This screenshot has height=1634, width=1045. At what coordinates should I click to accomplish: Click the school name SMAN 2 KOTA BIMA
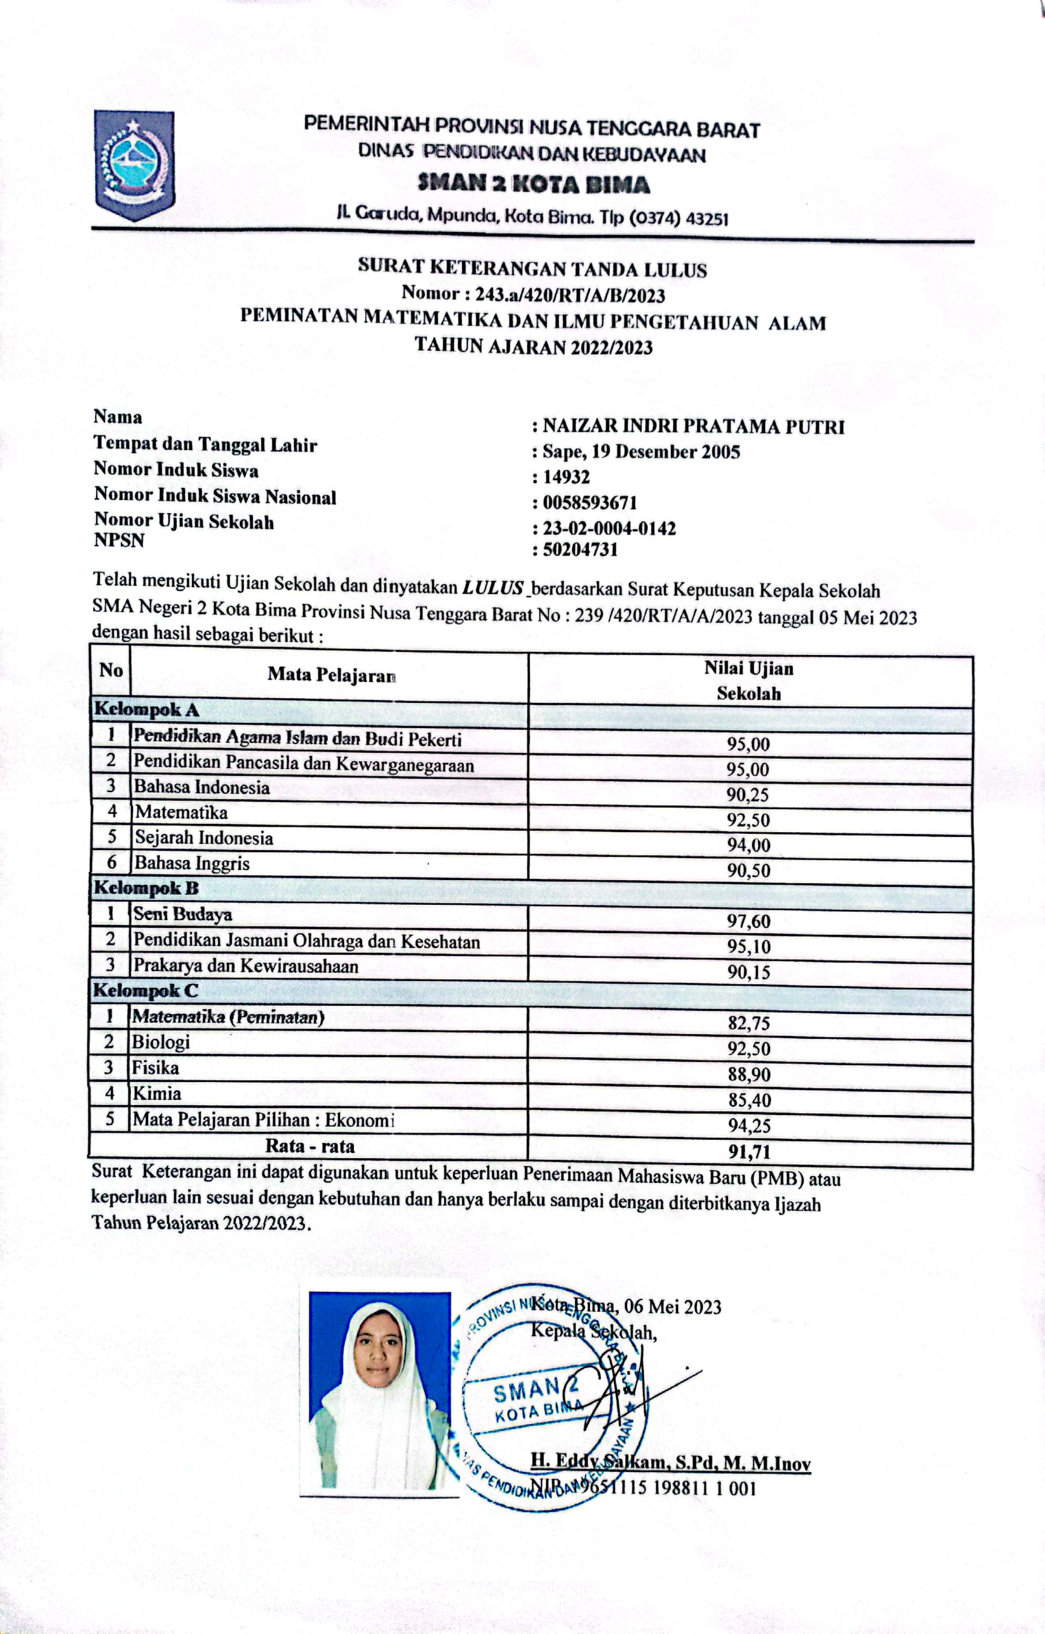[x=534, y=185]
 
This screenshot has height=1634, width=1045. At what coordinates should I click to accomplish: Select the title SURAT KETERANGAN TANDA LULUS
[x=532, y=269]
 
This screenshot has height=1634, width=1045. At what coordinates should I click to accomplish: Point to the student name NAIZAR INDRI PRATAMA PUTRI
[x=693, y=427]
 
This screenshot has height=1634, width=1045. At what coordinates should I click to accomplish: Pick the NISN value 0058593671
[x=590, y=503]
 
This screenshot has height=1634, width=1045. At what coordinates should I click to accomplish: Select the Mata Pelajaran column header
[x=331, y=675]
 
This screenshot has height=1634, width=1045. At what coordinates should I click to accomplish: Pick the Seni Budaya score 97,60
[x=749, y=922]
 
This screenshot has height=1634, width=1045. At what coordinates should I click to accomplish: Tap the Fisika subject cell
[x=156, y=1069]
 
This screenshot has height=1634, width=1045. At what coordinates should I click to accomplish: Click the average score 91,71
[x=749, y=1151]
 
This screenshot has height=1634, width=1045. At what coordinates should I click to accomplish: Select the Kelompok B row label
[x=145, y=889]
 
